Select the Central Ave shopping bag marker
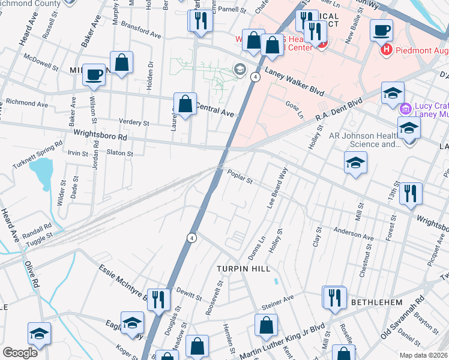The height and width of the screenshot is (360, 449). click(x=185, y=104)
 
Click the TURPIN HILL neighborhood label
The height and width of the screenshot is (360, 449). click(x=244, y=269)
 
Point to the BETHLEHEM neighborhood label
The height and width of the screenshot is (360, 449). click(x=376, y=302)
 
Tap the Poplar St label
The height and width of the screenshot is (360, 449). click(x=240, y=177)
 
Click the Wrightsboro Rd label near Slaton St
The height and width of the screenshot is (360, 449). click(x=101, y=137)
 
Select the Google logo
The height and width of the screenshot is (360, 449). click(x=20, y=352)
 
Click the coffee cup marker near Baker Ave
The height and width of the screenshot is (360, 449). click(x=94, y=75)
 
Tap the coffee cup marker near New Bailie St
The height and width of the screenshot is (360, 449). click(x=381, y=30)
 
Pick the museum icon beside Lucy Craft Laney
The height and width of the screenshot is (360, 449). click(x=406, y=109)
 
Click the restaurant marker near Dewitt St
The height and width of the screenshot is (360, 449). click(x=158, y=299)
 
